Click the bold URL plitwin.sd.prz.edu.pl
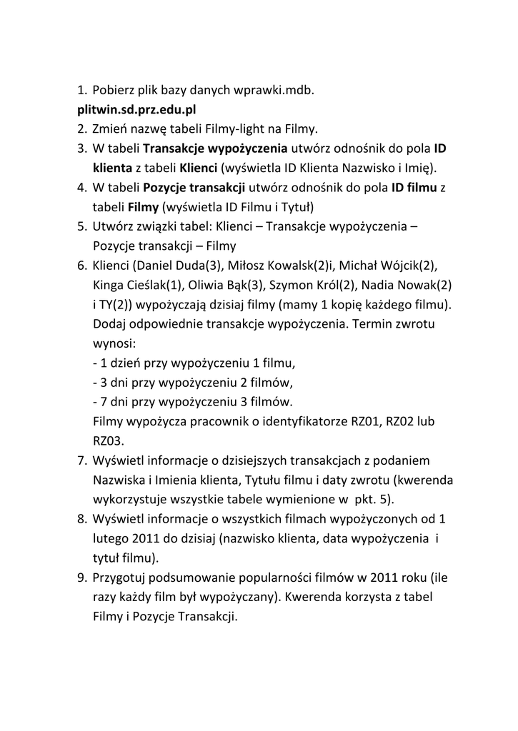pyautogui.click(x=136, y=110)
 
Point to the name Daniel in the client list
pyautogui.click(x=159, y=266)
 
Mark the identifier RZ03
pyautogui.click(x=107, y=440)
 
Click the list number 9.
pyautogui.click(x=81, y=576)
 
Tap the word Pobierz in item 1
pyautogui.click(x=116, y=91)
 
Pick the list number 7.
pyautogui.click(x=81, y=460)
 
